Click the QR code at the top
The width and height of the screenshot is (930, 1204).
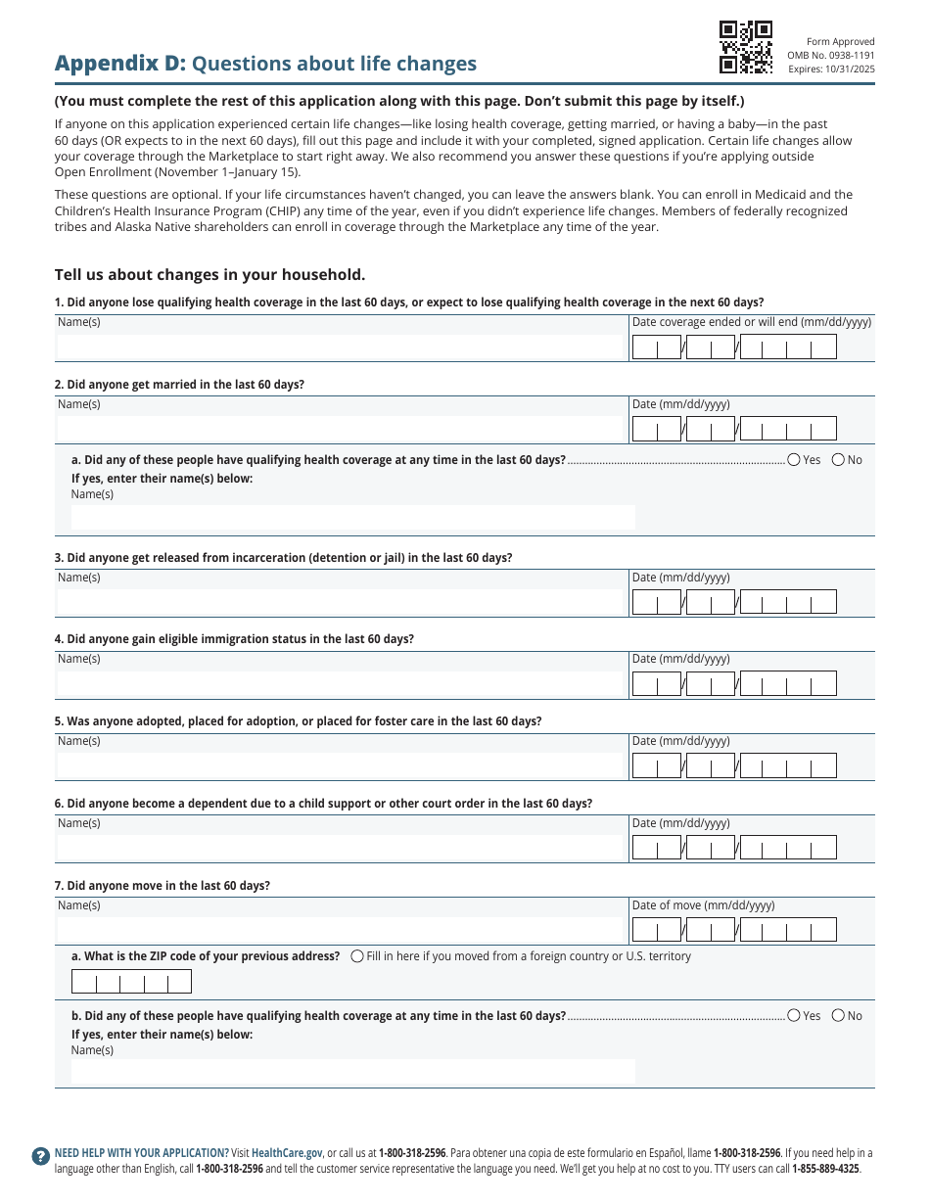click(x=746, y=47)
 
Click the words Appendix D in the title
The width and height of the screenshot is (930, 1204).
click(x=119, y=64)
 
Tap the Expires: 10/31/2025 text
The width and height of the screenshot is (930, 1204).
click(x=831, y=69)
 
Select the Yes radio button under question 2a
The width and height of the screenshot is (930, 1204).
click(x=794, y=460)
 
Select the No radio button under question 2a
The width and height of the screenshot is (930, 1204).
click(x=838, y=460)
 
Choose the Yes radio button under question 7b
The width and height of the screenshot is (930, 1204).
click(x=794, y=1016)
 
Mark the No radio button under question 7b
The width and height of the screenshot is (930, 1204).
click(x=838, y=1016)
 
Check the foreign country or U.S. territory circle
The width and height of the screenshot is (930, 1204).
click(x=357, y=956)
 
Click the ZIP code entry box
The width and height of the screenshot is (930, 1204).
click(x=131, y=982)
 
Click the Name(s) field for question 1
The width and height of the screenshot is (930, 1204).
click(x=341, y=347)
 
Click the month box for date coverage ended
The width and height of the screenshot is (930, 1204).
click(x=657, y=347)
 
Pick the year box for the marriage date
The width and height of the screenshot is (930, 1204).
click(x=788, y=429)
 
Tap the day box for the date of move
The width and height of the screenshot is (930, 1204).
click(x=711, y=930)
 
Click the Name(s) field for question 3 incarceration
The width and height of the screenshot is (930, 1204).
click(x=341, y=602)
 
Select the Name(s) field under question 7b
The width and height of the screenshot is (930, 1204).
click(x=352, y=1071)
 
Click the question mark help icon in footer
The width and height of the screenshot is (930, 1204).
click(x=40, y=1156)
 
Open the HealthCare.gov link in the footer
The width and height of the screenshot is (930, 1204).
click(x=287, y=1153)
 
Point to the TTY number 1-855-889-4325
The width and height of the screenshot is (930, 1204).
click(x=825, y=1169)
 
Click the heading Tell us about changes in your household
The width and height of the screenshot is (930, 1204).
click(x=209, y=275)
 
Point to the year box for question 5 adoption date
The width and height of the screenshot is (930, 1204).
click(x=788, y=765)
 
